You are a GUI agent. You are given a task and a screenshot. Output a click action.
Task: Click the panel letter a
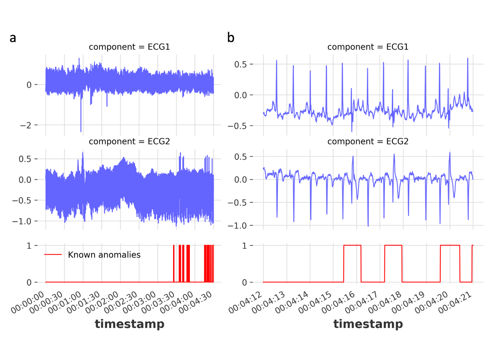click(x=13, y=38)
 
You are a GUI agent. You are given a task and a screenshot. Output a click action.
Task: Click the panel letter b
click(x=231, y=37)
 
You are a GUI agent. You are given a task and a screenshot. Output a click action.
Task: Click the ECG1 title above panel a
click(x=129, y=47)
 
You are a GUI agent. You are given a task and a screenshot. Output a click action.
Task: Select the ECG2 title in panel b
click(x=367, y=141)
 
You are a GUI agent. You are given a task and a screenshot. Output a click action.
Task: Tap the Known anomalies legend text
click(x=104, y=255)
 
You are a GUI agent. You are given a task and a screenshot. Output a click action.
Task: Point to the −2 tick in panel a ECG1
click(x=26, y=125)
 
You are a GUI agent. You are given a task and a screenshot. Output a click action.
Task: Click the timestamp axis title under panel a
click(x=129, y=324)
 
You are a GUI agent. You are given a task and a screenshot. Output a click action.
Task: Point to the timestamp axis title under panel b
click(x=368, y=324)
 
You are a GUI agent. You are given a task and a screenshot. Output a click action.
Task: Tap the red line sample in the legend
click(x=53, y=255)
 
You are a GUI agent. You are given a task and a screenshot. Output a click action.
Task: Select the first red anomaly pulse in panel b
click(x=352, y=246)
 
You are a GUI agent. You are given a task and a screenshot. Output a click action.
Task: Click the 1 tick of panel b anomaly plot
click(x=245, y=246)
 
